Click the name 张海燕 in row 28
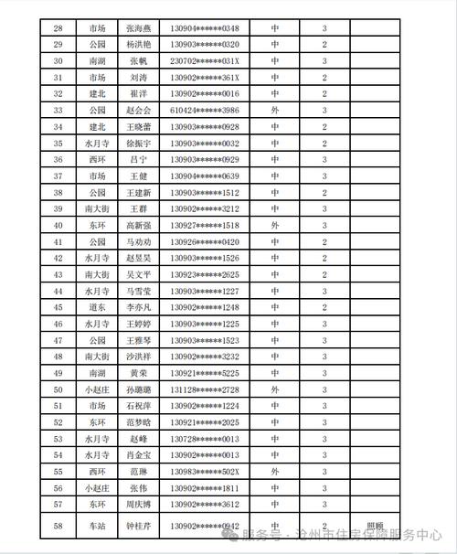pos(138,27)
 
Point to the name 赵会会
pos(138,110)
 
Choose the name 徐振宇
pos(138,143)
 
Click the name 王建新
pos(138,192)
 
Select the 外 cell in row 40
pos(275,225)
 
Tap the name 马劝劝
pos(138,241)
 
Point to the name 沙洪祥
pos(138,357)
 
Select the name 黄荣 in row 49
pos(138,373)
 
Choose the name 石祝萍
pos(138,406)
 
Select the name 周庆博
pos(138,504)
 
